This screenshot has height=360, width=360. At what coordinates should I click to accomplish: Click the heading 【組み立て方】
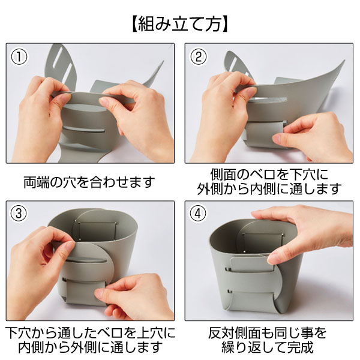180,25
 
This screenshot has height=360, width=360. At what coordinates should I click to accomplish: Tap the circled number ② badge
199,58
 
